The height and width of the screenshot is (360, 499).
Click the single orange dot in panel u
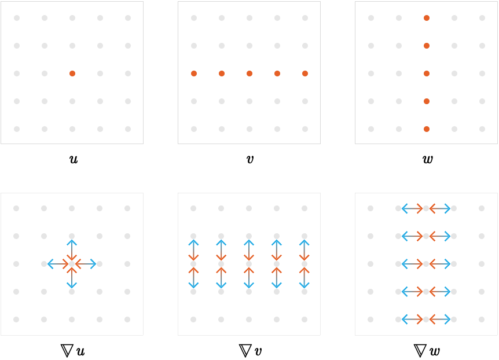(x=72, y=74)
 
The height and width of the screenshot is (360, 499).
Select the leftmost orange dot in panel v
(x=194, y=74)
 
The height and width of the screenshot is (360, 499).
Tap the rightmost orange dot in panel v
(x=305, y=74)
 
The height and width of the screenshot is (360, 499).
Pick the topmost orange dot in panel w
(x=427, y=18)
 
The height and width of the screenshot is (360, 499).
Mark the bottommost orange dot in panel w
(x=427, y=129)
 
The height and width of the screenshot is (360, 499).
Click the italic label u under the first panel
(x=74, y=159)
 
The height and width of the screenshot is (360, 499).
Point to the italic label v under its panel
(x=250, y=159)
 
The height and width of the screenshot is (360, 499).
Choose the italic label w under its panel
(x=427, y=159)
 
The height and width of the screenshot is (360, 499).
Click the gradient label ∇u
(x=72, y=351)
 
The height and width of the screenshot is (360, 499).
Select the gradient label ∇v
(x=250, y=351)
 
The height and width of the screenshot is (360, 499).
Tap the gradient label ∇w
(x=427, y=351)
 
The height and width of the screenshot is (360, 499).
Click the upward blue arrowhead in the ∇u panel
(x=72, y=243)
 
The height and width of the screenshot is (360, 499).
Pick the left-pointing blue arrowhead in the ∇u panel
(x=50, y=264)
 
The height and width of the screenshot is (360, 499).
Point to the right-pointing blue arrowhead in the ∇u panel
(x=93, y=264)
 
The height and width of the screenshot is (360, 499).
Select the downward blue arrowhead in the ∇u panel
(x=72, y=285)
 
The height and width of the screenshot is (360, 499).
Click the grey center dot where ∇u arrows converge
(x=72, y=264)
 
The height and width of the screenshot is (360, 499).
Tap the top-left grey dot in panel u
(x=17, y=18)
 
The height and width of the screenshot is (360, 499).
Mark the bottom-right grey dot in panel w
(x=482, y=129)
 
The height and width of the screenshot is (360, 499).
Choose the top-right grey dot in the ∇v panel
(x=304, y=208)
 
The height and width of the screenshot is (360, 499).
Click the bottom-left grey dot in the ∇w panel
(x=370, y=319)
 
